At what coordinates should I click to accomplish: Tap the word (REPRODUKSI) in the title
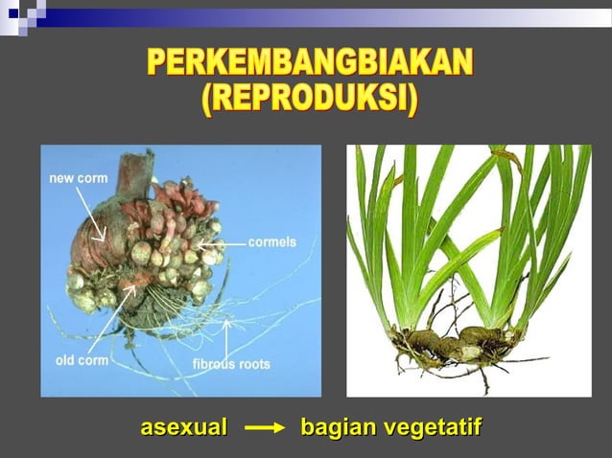point(310,100)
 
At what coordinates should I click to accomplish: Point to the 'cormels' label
point(271,242)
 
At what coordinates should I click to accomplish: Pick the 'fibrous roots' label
point(231,364)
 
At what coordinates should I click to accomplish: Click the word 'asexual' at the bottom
point(183,427)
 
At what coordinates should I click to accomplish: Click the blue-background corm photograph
point(180,270)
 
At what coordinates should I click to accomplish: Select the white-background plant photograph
point(468,270)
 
